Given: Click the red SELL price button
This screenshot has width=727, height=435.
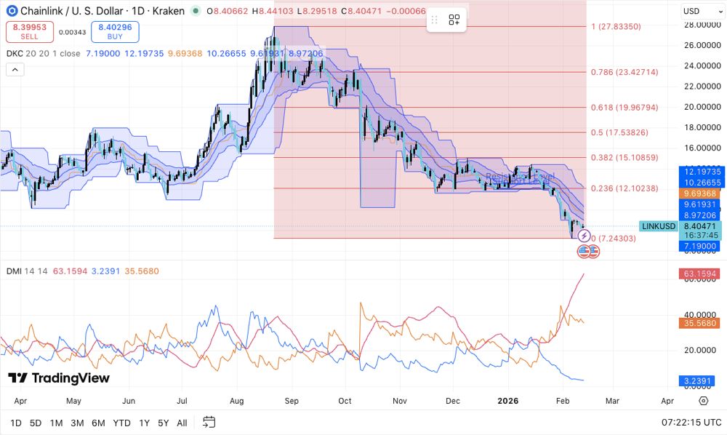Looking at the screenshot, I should click(x=28, y=32).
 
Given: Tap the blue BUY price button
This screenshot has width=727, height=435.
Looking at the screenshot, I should click(x=114, y=32).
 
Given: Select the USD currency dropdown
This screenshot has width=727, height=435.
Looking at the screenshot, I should click(x=699, y=11).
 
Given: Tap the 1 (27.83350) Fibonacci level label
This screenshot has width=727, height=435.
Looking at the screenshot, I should click(x=616, y=26).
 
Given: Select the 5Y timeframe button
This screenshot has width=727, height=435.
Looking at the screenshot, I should click(x=163, y=423).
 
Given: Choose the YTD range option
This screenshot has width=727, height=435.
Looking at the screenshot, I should click(x=122, y=423).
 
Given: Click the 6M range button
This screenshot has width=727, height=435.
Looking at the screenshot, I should click(x=98, y=423).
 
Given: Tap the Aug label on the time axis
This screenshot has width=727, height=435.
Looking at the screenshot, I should click(x=236, y=401).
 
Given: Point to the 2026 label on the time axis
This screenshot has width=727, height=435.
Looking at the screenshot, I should click(x=507, y=401).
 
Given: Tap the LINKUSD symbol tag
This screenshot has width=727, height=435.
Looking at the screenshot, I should click(x=659, y=226).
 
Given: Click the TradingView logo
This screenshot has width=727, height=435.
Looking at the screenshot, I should click(x=59, y=378).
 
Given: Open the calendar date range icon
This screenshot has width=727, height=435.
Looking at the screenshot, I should click(x=209, y=422).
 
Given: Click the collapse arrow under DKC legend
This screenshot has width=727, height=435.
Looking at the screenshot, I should click(x=15, y=70).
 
